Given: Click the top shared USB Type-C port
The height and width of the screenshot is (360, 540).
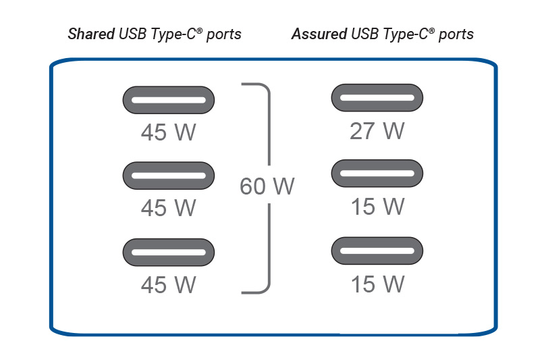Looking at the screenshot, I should pos(168,100).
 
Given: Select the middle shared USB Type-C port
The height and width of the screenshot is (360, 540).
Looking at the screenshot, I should pos(168,176).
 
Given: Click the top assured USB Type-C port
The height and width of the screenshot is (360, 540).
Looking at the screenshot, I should pos(377,98).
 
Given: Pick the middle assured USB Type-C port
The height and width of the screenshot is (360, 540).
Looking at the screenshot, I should pos(377,174).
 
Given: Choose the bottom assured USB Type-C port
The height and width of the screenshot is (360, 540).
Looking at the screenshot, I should pos(377,251).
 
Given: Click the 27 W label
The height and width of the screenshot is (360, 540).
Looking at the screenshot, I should pos(377,131).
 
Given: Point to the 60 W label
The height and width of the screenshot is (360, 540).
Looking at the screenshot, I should pos(267,186).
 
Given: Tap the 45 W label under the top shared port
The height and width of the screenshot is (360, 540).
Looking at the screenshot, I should pos(168,132).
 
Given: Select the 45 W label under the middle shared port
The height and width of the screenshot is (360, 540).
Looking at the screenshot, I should pos(168,208).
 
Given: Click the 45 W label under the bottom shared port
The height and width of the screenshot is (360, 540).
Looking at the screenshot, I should pos(168,284).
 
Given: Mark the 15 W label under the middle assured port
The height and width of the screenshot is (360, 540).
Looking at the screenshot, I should pos(377,207).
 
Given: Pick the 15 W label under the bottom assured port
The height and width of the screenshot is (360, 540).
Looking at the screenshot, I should pos(377,284).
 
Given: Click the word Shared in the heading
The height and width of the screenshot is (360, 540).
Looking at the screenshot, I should pos(91,34).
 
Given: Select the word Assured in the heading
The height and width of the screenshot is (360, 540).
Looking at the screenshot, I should pos(317,34).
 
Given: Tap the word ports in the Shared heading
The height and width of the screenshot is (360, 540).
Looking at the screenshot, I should pos(223,34).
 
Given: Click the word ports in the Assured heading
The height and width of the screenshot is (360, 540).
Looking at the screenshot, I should pos(456,34).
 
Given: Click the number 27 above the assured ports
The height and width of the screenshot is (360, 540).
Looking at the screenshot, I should pos(363,131).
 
